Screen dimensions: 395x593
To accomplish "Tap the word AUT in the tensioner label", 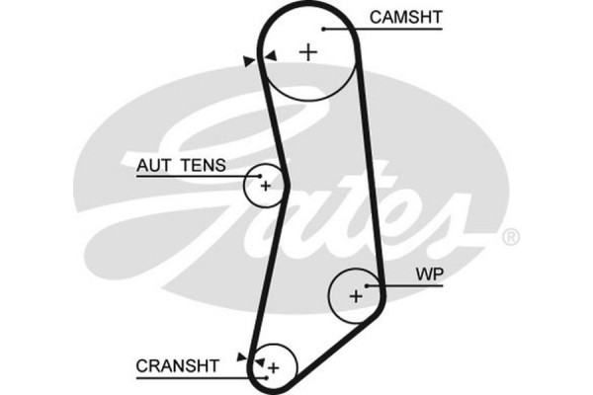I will (153, 166).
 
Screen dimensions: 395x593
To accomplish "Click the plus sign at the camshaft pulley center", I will (309, 52).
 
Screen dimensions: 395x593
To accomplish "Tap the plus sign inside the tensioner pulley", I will (265, 184).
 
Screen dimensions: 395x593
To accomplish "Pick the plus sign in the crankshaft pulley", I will (274, 367).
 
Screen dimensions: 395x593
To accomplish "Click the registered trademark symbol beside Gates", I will (510, 237).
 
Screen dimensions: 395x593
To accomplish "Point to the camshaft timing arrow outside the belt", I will (247, 61).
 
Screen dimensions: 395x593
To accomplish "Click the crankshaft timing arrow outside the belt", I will (241, 355).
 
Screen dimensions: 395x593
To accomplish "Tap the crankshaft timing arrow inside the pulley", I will (259, 362).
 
